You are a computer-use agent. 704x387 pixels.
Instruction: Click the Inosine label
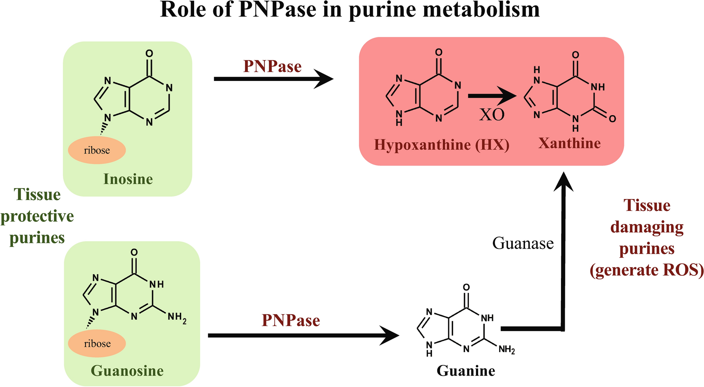128,179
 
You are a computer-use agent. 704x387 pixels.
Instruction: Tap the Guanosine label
127,371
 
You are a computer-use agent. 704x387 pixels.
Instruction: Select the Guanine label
466,371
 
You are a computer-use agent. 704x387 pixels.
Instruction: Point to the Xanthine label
569,143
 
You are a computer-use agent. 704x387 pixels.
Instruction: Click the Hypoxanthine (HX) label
441,145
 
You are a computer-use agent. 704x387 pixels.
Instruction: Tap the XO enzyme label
492,114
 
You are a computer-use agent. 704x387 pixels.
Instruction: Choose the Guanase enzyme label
523,243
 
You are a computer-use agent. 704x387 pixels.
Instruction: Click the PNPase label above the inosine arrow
272,67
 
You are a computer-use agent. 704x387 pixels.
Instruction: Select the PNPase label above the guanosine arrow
291,320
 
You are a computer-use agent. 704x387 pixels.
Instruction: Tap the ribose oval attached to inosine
97,150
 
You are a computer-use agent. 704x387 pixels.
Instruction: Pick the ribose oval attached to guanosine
97,344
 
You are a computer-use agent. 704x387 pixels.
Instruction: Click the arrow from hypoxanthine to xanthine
492,96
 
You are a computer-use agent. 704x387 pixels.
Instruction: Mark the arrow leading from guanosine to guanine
303,336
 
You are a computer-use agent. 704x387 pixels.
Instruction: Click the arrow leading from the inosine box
273,79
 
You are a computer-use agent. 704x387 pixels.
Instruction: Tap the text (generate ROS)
647,270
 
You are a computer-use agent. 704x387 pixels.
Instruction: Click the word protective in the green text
37,217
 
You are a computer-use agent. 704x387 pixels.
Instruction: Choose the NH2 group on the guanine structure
507,350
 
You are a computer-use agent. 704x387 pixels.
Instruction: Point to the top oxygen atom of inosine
149,54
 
